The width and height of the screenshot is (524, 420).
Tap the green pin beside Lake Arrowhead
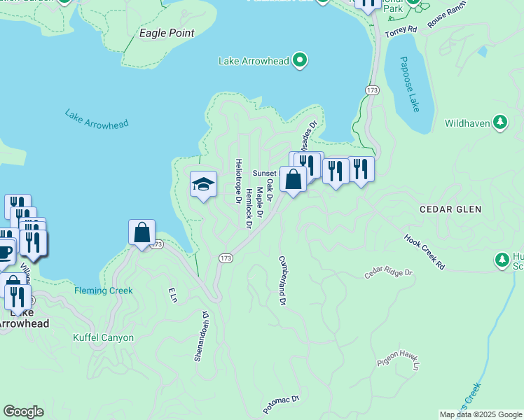300,60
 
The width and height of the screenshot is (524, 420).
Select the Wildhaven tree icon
499,123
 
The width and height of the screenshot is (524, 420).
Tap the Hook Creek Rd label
425,252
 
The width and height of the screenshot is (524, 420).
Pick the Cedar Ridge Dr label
388,272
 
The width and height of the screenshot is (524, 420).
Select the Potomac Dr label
281,403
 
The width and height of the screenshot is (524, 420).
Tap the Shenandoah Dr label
201,336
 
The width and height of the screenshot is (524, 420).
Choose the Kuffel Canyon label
103,337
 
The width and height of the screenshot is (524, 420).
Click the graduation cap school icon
203,184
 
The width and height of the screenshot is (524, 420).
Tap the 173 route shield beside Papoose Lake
372,90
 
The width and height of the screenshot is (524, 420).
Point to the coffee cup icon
4,251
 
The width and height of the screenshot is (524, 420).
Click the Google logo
23,412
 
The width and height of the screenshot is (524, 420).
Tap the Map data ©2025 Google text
480,414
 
